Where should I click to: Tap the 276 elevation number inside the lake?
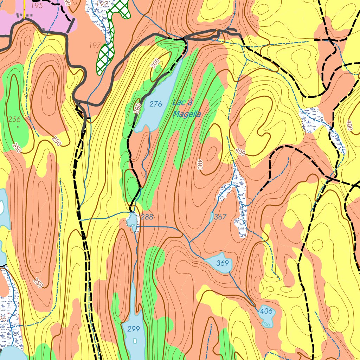tap(156, 104)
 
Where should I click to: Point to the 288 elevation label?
tap(147, 217)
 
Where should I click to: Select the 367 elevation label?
tap(220, 217)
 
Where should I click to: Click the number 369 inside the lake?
tap(222, 263)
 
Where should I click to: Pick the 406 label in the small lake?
tap(266, 311)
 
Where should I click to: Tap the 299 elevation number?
tap(134, 329)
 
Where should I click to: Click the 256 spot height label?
tap(14, 119)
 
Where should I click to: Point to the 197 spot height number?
tap(95, 45)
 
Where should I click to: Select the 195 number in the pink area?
tap(37, 6)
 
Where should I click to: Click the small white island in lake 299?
tap(135, 341)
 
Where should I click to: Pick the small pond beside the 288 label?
tap(133, 221)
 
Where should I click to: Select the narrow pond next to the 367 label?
tap(211, 217)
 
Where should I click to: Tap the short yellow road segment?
tap(24, 7)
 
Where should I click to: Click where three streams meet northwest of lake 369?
tap(189, 243)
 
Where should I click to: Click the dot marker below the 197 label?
tap(97, 52)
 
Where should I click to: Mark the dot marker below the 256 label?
tap(18, 127)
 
